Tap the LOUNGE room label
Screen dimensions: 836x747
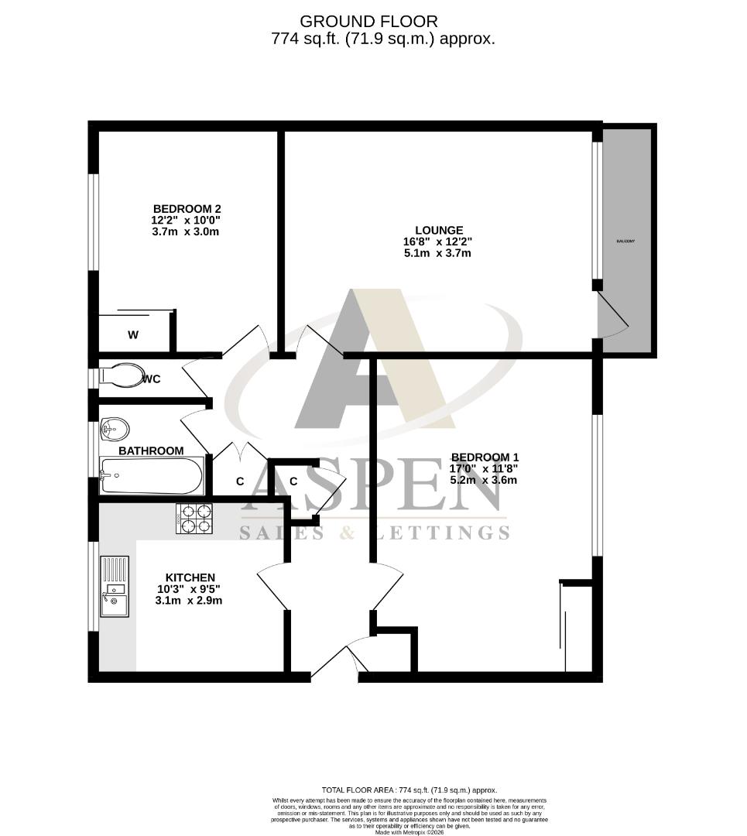pos(439,230)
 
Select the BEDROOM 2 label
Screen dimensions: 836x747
pos(187,208)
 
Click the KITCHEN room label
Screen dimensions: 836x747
pos(190,577)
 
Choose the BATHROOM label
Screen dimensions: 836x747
pos(151,451)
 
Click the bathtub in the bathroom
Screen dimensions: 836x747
pos(152,475)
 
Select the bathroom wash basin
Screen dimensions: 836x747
pos(115,428)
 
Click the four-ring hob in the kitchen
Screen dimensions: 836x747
pos(194,518)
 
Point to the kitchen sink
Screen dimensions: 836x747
pos(115,586)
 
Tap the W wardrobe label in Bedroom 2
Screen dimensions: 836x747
pos(133,335)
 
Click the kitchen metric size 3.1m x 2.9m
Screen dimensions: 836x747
pos(189,601)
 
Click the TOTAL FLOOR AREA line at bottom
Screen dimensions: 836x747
pos(409,790)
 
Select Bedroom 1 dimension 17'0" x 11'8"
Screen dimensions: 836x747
pos(484,468)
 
